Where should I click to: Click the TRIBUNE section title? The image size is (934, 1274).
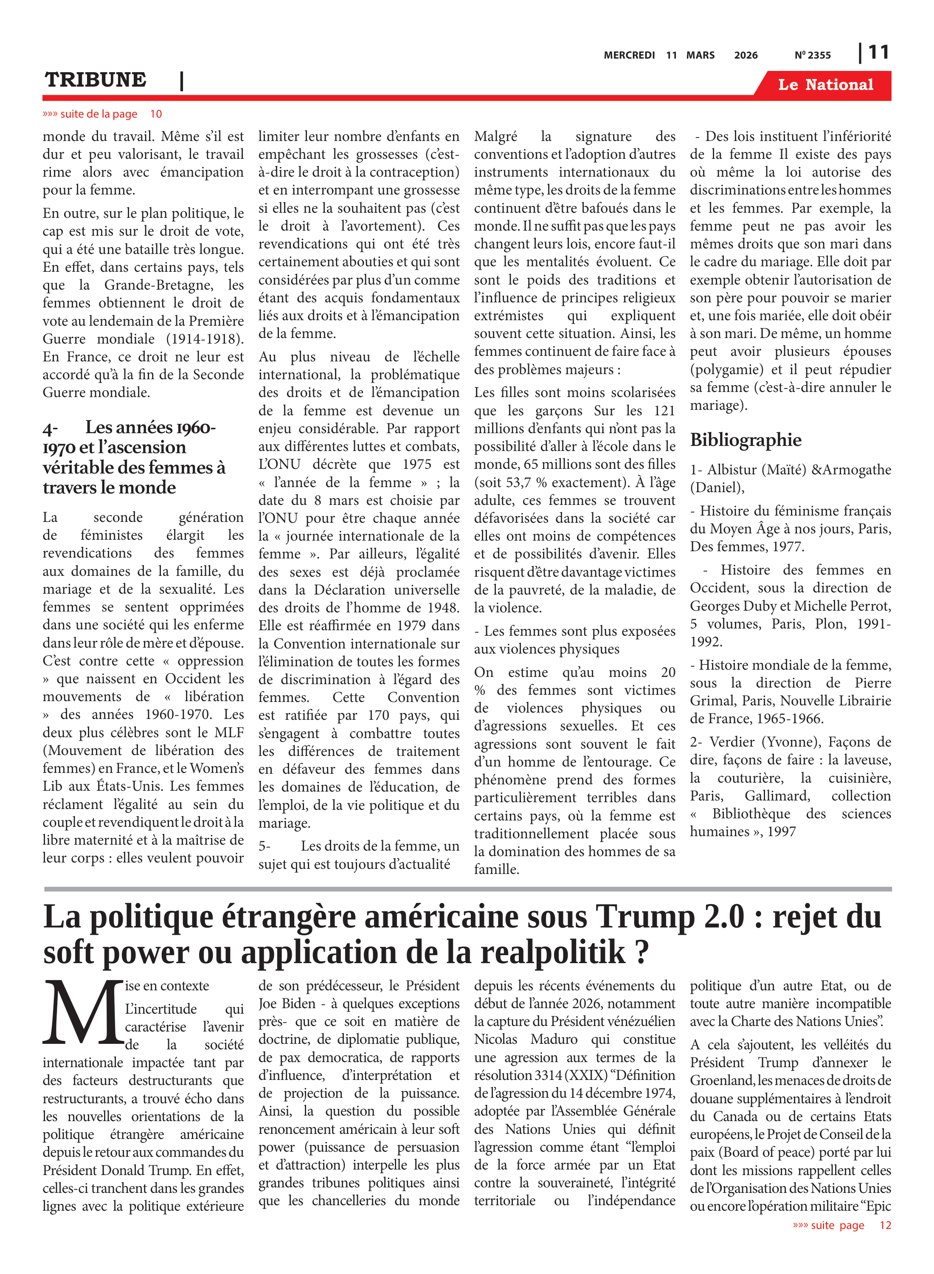tap(95, 80)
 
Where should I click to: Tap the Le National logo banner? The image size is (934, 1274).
tap(825, 85)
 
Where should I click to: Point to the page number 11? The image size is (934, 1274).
tap(878, 53)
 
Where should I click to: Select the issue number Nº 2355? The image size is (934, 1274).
tap(813, 55)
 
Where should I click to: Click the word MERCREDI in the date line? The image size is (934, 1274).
tap(629, 55)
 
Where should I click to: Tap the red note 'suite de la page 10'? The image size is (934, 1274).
tap(102, 114)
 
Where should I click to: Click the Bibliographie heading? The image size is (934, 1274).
tap(745, 440)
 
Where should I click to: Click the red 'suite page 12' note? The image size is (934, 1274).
tap(841, 1225)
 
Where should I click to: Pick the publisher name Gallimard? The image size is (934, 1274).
tap(777, 796)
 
